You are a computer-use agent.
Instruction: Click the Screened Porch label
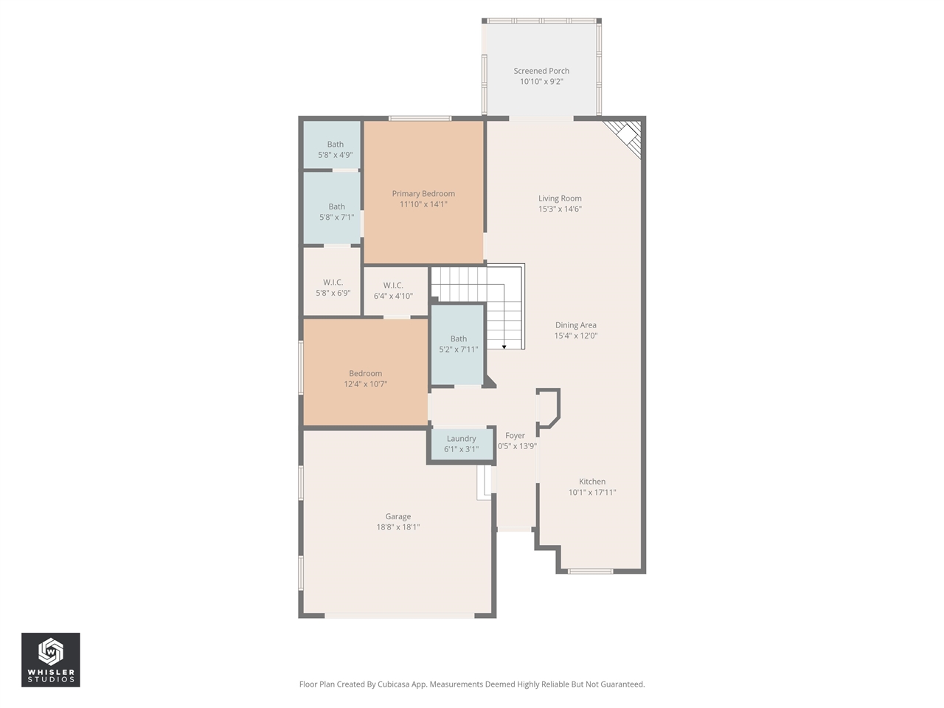coord(541,71)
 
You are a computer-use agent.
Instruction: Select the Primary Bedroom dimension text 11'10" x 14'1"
coord(423,204)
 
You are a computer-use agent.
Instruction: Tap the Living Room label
coord(560,198)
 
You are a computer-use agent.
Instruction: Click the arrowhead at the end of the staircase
coord(504,346)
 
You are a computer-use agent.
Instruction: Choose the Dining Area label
coord(576,325)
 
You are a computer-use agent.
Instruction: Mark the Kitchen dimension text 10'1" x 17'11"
coord(592,493)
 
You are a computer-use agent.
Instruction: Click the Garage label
coord(398,517)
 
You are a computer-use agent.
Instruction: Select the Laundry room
coord(461,444)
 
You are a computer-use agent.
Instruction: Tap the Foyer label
coord(516,436)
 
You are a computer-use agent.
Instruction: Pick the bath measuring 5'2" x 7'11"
coord(458,344)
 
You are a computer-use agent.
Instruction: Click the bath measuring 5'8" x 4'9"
coord(335,150)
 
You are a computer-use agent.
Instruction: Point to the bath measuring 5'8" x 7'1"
coord(336,212)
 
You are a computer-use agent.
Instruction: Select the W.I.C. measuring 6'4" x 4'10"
coord(393,291)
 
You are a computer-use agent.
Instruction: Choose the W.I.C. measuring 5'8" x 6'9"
coord(333,288)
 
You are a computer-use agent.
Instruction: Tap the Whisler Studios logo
coord(51,659)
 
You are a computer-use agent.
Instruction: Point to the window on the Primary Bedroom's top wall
coord(420,118)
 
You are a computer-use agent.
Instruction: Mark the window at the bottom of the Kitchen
coord(590,571)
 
